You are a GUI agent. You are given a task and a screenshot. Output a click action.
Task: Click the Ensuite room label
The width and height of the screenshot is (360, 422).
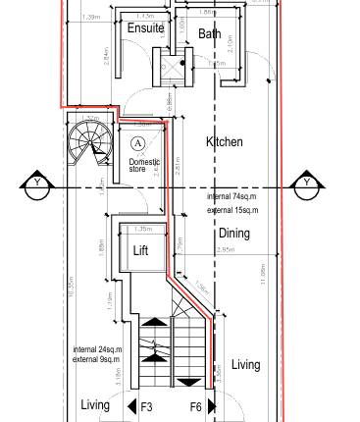coord(145,28)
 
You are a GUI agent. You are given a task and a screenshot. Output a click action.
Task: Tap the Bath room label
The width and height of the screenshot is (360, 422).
coord(210,33)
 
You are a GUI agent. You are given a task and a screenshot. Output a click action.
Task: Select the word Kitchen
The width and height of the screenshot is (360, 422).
coord(224,142)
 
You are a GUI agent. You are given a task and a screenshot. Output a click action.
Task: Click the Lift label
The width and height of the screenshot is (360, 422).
coord(141,250)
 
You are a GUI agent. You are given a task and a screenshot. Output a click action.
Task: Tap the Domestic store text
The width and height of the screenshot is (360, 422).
coord(144,166)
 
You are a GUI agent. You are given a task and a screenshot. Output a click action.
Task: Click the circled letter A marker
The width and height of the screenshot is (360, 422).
coord(138,143)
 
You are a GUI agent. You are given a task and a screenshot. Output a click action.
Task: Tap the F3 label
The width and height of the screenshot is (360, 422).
coord(147,405)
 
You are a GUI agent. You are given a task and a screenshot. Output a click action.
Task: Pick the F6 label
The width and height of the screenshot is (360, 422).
coord(195,405)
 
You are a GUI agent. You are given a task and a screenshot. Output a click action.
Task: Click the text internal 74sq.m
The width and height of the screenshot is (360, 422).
coord(232,197)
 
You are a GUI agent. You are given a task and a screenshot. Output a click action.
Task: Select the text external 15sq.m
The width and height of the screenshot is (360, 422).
coord(232,210)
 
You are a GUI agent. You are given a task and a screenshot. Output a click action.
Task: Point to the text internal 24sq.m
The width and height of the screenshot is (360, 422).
coord(97,350)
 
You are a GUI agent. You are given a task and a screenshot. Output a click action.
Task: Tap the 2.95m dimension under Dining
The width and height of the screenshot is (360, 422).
coord(225,251)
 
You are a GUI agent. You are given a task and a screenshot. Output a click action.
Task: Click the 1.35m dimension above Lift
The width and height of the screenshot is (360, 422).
coord(141,229)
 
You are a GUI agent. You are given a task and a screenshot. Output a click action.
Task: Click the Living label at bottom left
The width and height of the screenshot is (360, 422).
coord(95,404)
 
